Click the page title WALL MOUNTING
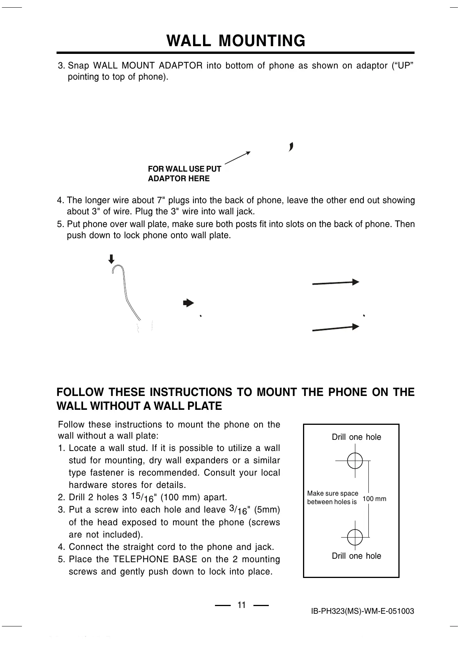tap(236, 40)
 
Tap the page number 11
tap(241, 605)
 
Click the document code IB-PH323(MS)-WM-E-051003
tap(362, 611)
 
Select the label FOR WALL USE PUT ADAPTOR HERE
tap(184, 174)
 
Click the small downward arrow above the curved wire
tap(112, 259)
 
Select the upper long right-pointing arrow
tap(335, 283)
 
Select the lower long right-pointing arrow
tap(335, 328)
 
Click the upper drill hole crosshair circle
tap(355, 460)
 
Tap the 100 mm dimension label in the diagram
tap(374, 499)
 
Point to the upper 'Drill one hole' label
tap(356, 437)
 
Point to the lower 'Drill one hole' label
tap(356, 556)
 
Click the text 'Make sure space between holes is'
tap(332, 498)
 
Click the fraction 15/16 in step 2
tap(142, 497)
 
